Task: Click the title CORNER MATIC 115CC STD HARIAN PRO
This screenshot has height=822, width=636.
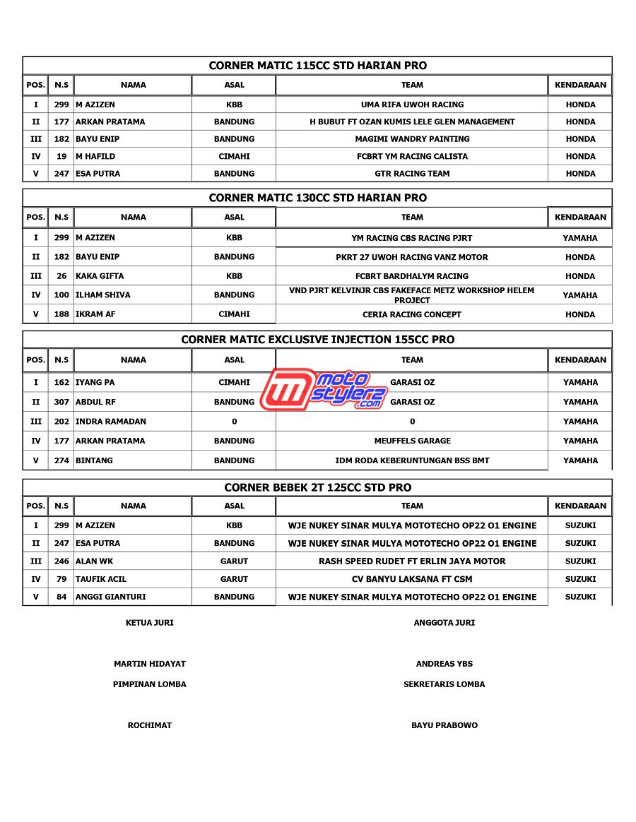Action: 317,66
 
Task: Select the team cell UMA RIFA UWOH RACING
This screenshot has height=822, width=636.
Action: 412,105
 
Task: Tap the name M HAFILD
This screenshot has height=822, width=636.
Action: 95,156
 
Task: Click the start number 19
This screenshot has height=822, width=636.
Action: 61,156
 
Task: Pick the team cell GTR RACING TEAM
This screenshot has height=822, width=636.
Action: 412,174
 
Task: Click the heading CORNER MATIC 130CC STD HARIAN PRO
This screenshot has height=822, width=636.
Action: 317,198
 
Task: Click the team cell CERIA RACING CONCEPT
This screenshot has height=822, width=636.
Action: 412,314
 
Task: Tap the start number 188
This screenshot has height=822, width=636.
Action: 61,314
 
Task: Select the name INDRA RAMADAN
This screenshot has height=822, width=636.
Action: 111,422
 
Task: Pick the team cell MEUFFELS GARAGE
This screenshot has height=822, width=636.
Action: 412,441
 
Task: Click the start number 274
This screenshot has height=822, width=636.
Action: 61,460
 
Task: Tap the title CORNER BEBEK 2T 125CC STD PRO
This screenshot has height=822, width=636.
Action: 317,487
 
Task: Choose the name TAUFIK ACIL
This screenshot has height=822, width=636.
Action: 101,579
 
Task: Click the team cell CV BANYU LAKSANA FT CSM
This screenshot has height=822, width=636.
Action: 412,579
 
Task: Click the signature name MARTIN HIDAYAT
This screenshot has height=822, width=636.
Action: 150,664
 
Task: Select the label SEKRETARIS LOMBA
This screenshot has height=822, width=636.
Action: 444,684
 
